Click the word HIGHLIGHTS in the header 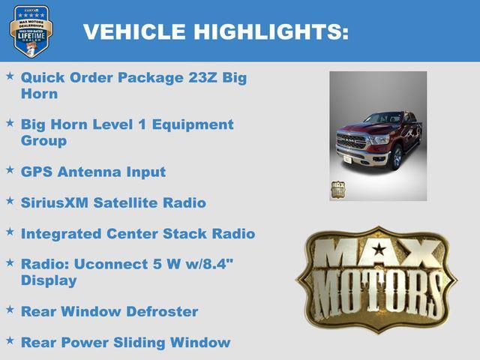pyautogui.click(x=271, y=31)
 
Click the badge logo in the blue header pyautogui.click(x=31, y=31)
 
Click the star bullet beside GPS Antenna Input pyautogui.click(x=10, y=170)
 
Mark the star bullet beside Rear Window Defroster pyautogui.click(x=10, y=310)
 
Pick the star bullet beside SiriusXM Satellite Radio pyautogui.click(x=10, y=201)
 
